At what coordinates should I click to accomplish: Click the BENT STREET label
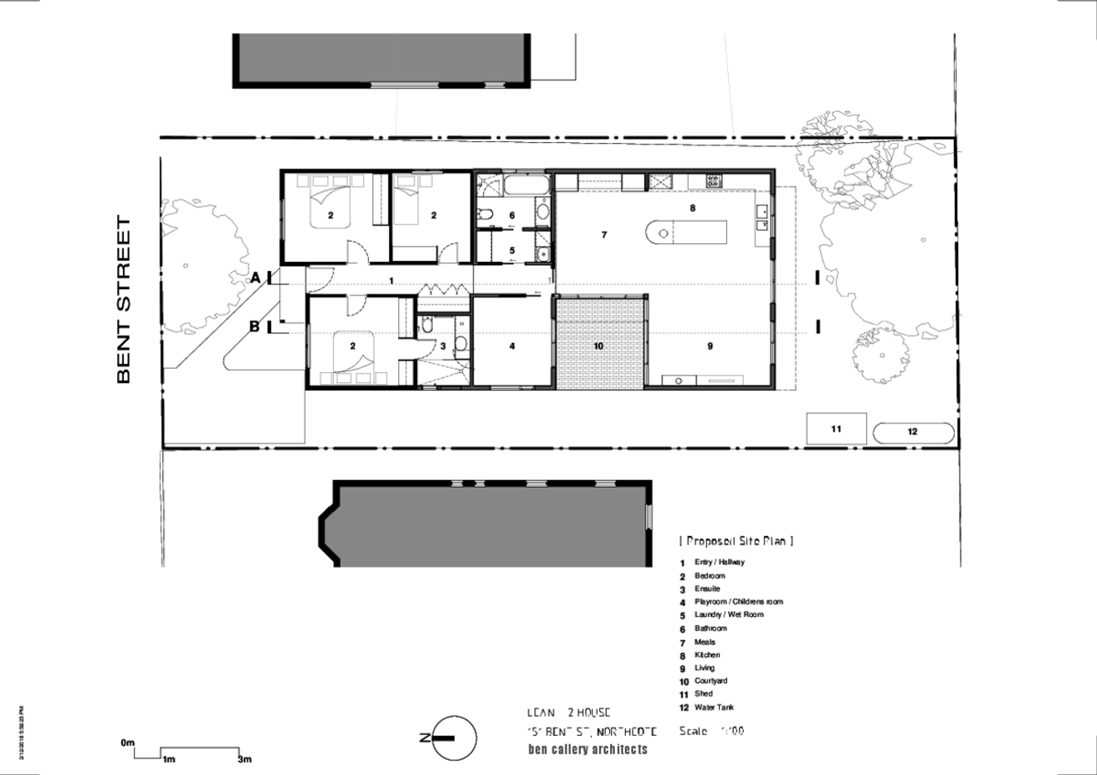(124, 300)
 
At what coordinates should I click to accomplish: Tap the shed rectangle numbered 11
(836, 429)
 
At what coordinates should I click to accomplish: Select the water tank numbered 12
(913, 432)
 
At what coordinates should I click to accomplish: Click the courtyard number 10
(598, 346)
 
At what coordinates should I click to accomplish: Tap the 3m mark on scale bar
(244, 759)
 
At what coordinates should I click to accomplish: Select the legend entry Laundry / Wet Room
(728, 615)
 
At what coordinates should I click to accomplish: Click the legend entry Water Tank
(713, 708)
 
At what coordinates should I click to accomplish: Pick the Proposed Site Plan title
(736, 541)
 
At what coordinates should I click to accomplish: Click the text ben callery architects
(588, 749)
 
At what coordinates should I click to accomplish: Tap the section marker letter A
(256, 278)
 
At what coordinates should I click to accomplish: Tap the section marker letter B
(255, 326)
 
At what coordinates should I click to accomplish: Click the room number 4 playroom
(512, 346)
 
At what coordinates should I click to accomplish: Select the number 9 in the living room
(710, 346)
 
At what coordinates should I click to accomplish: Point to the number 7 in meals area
(604, 235)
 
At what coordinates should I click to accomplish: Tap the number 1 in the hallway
(391, 282)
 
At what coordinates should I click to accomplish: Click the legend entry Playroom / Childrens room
(738, 601)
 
